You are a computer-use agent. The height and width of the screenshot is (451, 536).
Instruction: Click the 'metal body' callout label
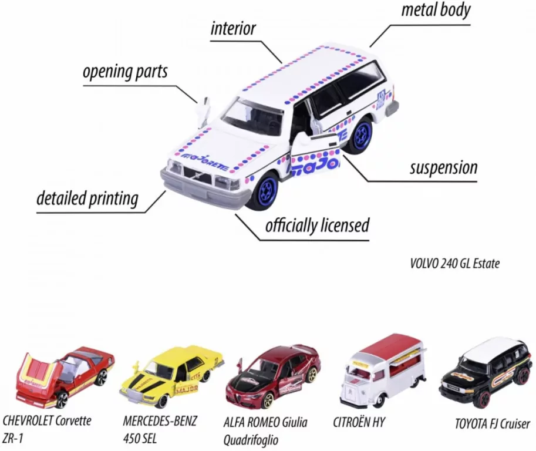click(436, 10)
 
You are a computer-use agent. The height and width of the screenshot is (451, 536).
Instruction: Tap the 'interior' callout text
click(233, 29)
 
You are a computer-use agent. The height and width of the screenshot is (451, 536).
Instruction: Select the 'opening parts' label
click(125, 72)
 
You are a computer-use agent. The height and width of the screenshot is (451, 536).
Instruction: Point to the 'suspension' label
click(444, 168)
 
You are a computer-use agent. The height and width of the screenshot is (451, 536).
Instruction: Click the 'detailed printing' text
click(87, 198)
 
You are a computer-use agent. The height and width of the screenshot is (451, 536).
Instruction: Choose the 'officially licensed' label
click(317, 225)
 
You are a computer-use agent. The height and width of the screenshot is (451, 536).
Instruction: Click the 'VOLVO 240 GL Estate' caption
click(454, 264)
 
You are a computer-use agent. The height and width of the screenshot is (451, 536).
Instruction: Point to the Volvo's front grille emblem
click(197, 176)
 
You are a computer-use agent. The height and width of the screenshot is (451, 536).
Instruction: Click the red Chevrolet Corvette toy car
click(65, 376)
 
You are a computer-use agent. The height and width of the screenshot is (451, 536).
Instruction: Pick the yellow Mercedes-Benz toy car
click(172, 376)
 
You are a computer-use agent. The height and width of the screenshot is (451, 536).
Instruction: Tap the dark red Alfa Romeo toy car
click(273, 376)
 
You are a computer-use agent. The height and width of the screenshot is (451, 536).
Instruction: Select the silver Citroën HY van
click(383, 371)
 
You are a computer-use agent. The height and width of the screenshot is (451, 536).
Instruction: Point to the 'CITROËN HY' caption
click(359, 423)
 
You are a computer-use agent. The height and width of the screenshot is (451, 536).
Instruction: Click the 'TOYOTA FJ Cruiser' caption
click(492, 424)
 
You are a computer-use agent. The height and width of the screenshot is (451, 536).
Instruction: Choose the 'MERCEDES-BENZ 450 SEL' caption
click(160, 429)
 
